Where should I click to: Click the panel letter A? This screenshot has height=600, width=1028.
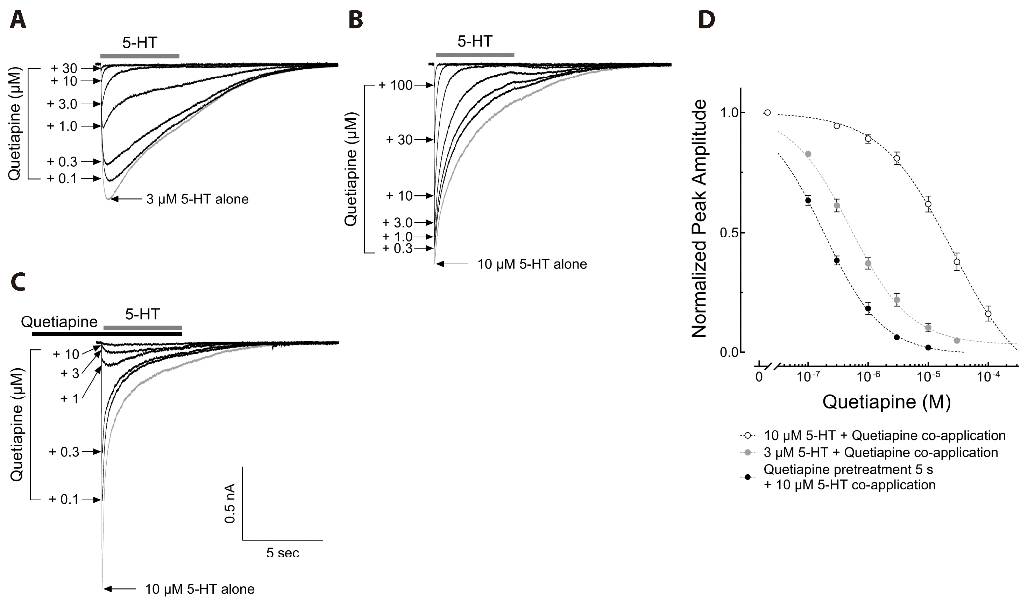(x=17, y=20)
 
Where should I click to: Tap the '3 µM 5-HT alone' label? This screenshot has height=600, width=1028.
(x=197, y=199)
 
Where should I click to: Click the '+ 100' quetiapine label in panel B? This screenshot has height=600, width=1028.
(x=395, y=85)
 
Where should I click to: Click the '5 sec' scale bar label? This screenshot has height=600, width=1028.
(x=283, y=553)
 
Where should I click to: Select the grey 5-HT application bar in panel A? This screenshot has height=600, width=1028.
(x=140, y=56)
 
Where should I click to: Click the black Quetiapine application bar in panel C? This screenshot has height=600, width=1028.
(x=107, y=334)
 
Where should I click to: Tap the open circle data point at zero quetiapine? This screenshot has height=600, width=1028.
(x=767, y=112)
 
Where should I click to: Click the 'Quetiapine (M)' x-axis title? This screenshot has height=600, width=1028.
(x=886, y=402)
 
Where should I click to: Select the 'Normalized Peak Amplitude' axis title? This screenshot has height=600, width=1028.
(x=699, y=218)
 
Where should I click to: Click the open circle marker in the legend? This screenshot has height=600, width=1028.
(x=747, y=435)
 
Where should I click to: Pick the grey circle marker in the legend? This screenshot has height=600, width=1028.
(x=747, y=453)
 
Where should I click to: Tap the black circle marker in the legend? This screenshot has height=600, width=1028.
(x=747, y=476)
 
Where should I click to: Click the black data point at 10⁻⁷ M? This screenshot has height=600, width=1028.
(x=808, y=200)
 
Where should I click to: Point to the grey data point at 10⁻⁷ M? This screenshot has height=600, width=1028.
(x=808, y=154)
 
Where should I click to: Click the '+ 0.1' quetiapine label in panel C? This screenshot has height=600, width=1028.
(x=64, y=499)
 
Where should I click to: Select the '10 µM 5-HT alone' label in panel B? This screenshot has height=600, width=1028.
(x=532, y=264)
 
